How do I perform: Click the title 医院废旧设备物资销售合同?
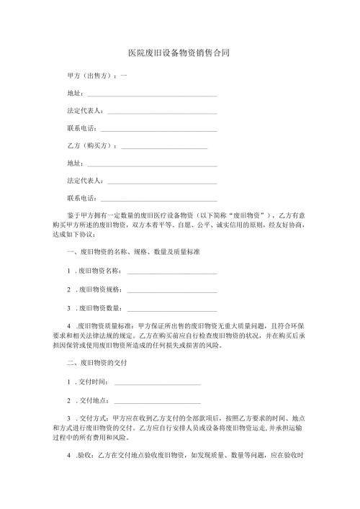pyautogui.click(x=179, y=53)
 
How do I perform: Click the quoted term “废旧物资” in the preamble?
pyautogui.click(x=247, y=215)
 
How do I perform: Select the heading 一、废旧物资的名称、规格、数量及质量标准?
pyautogui.click(x=132, y=253)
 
